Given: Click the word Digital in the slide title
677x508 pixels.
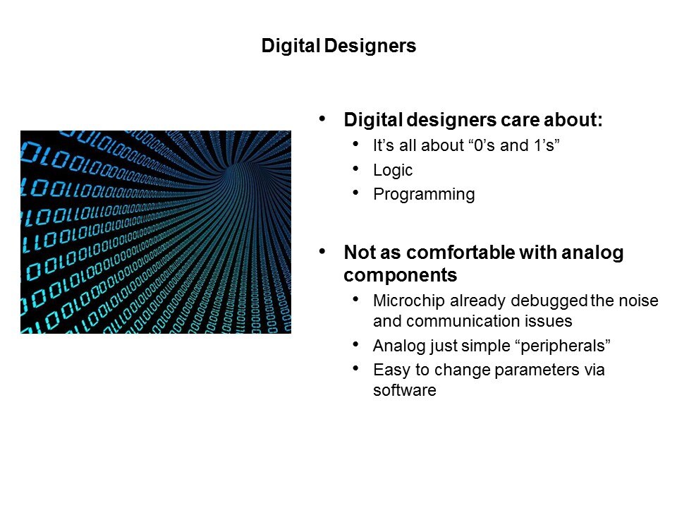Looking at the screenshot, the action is (x=291, y=46).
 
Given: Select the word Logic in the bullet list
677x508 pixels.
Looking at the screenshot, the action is (x=393, y=171).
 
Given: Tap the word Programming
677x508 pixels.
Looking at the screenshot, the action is (x=424, y=195).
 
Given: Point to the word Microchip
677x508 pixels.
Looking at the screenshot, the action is (x=409, y=301).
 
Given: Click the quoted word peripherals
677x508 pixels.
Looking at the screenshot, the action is (x=565, y=346).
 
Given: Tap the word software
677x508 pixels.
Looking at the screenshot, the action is (x=405, y=390).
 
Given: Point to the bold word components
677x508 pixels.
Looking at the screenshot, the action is (x=401, y=275).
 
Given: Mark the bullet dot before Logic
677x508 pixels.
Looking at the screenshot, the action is (x=355, y=169).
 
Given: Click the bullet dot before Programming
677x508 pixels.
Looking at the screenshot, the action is (x=355, y=193).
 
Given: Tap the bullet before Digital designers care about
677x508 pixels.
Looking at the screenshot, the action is (x=322, y=119).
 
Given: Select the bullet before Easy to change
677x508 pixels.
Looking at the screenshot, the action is (x=355, y=368).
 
